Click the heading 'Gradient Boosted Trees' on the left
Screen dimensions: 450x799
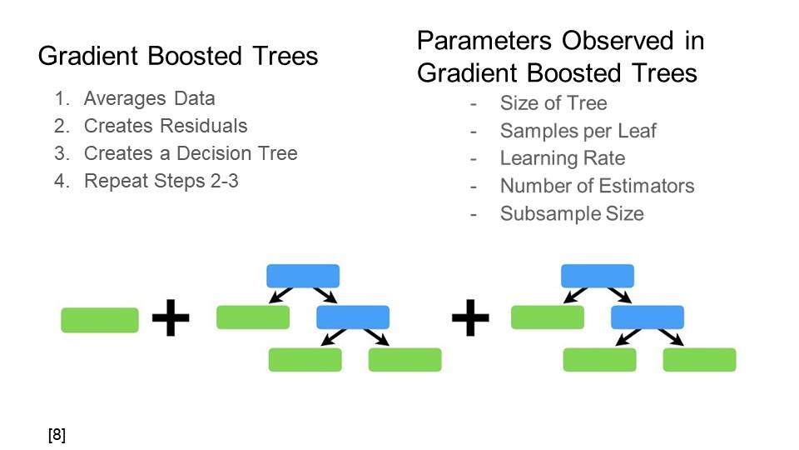[x=178, y=56]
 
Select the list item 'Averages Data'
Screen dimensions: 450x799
[x=149, y=98]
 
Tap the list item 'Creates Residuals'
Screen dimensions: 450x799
[x=166, y=126]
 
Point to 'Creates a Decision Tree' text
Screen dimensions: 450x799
[x=191, y=153]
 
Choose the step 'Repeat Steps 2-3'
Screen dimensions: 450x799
[x=161, y=180]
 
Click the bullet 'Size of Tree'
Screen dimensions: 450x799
[x=553, y=103]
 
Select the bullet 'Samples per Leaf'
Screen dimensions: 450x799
[x=578, y=131]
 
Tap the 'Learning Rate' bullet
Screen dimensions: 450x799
[x=562, y=158]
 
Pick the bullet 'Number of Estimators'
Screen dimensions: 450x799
[x=597, y=186]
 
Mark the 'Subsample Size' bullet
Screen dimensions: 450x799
[x=572, y=213]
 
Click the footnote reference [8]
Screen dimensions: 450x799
[x=57, y=434]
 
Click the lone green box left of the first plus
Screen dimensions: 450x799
[x=100, y=320]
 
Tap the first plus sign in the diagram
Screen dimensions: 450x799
[x=171, y=318]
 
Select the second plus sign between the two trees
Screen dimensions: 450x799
[x=470, y=318]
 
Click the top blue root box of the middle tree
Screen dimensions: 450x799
[x=303, y=276]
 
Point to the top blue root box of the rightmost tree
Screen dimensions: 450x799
[x=598, y=276]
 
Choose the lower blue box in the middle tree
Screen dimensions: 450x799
[x=353, y=317]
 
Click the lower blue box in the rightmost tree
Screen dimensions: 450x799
[x=648, y=317]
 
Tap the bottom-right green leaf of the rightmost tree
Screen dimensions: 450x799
[x=699, y=359]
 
